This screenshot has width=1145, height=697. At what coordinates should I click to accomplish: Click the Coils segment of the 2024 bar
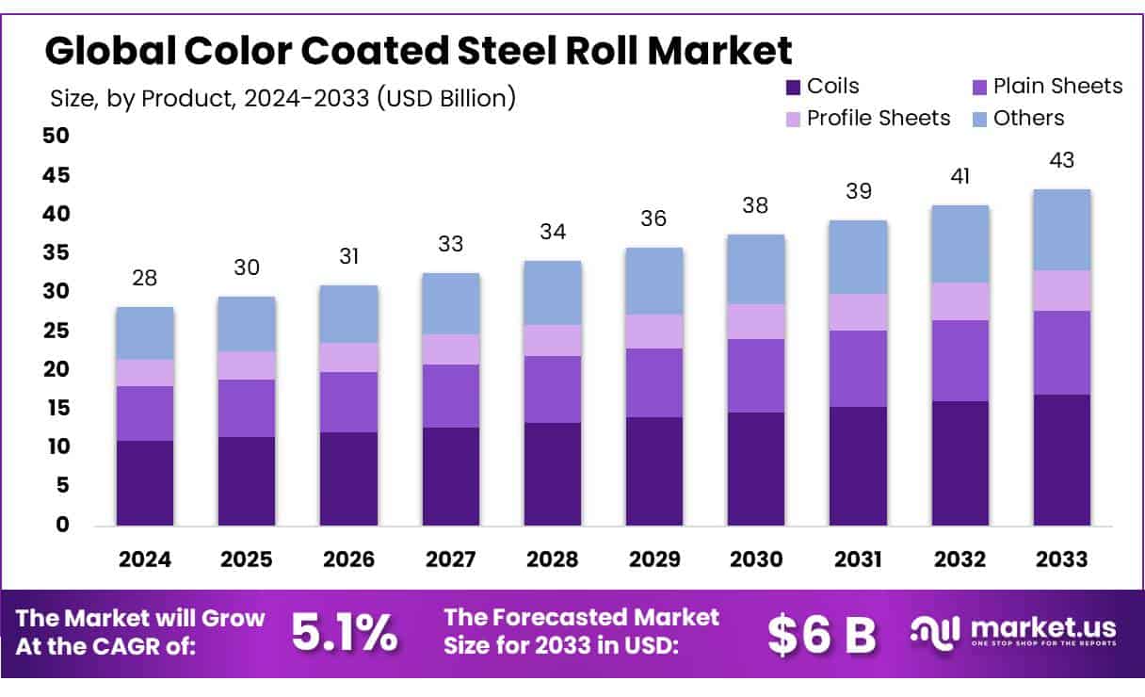[x=145, y=482]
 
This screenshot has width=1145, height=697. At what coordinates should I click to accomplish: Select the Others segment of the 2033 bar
[x=1061, y=230]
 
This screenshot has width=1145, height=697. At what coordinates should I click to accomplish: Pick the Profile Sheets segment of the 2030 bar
[x=756, y=321]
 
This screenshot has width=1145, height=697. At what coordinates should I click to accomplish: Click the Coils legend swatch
[x=793, y=87]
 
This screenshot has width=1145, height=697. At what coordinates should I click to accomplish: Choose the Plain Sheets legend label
[x=1058, y=87]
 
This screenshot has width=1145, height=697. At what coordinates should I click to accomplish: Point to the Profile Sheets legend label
[x=879, y=119]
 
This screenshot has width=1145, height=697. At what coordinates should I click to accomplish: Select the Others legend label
[x=1028, y=119]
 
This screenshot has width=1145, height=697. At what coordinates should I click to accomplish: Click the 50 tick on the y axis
[x=56, y=136]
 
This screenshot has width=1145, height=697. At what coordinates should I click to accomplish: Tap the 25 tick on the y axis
[x=56, y=331]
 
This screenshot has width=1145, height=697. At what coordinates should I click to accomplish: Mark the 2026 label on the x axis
[x=348, y=559]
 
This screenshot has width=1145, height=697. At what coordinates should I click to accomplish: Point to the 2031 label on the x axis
[x=858, y=559]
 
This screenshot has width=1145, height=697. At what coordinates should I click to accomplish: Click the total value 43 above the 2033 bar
[x=1061, y=160]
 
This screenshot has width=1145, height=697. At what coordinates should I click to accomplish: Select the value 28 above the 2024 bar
[x=145, y=278]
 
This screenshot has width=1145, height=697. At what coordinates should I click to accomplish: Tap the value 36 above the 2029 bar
[x=654, y=219]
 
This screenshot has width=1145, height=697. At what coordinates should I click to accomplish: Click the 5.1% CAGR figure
[x=344, y=634]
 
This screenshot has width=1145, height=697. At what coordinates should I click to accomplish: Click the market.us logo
[x=1013, y=632]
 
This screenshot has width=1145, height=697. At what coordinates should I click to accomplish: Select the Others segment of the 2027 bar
[x=450, y=303]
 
